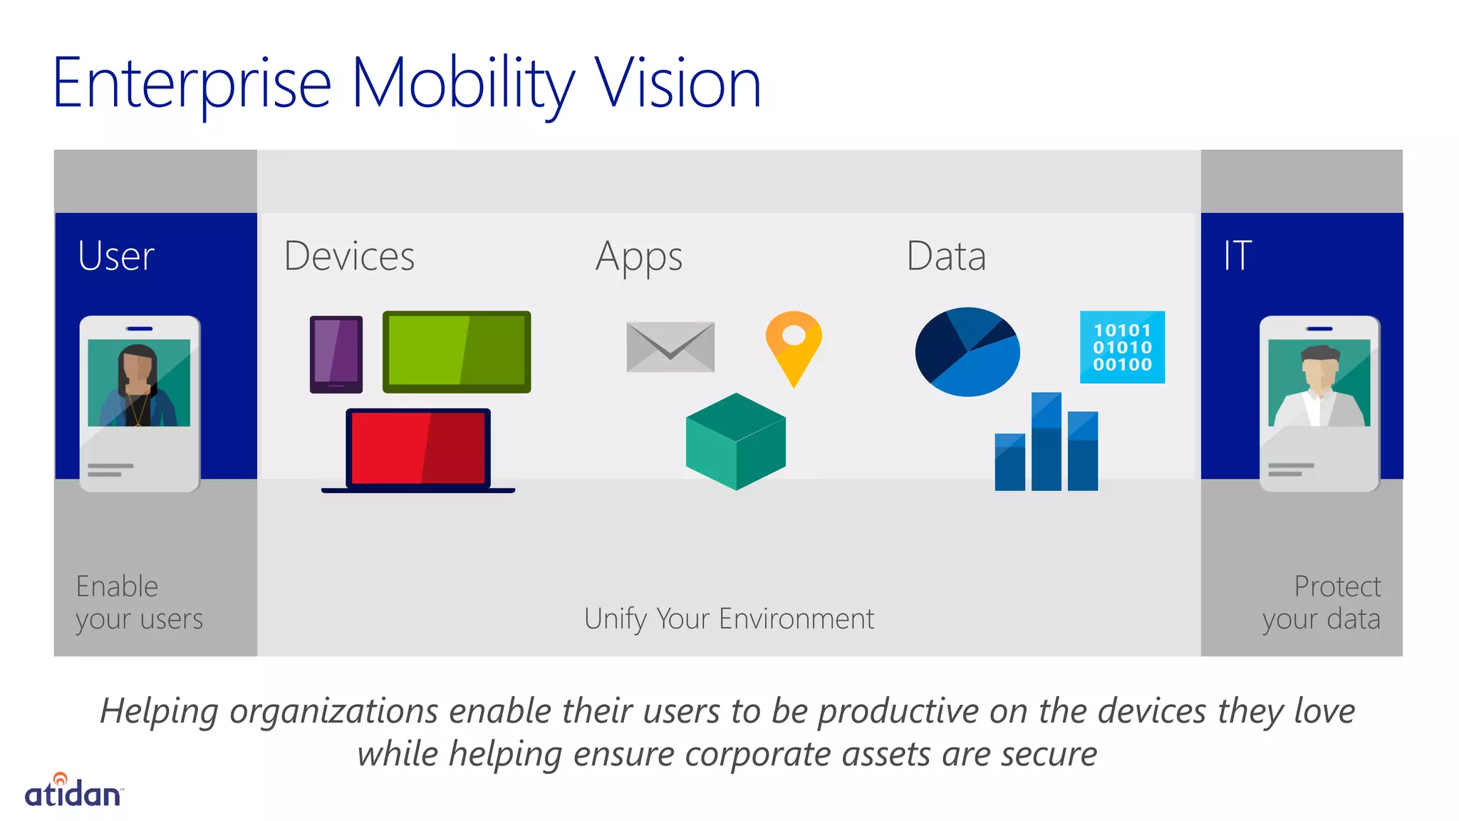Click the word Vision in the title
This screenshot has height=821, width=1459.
tap(677, 84)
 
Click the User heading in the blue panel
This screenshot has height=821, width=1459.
tap(116, 256)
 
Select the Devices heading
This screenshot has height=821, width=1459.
tap(349, 256)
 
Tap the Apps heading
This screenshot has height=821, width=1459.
tap(639, 257)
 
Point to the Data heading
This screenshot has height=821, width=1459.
tap(946, 256)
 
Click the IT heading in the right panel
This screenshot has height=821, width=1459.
tap(1237, 256)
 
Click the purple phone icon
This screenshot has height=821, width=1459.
tap(336, 354)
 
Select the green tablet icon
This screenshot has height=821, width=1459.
tap(457, 351)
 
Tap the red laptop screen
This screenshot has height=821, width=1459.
tap(418, 448)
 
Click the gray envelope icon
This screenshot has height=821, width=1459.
tap(670, 347)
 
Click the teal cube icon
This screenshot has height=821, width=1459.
tap(736, 441)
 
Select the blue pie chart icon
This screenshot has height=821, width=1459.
tap(967, 351)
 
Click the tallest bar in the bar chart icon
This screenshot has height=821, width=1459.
tap(1047, 441)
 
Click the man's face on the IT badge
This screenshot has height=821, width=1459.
tap(1319, 368)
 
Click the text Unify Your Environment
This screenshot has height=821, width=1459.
tap(729, 619)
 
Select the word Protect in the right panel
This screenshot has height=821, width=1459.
tap(1337, 587)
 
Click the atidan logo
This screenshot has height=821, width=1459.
tap(73, 791)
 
